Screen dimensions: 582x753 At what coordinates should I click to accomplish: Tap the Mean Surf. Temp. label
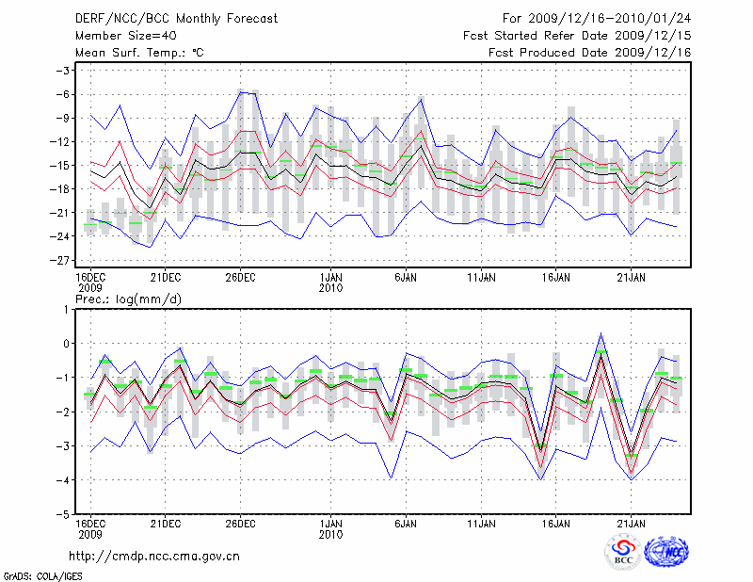139,53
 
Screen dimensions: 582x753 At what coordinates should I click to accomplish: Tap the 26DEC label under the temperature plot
241,277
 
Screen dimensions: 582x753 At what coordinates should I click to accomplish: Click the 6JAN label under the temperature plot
406,277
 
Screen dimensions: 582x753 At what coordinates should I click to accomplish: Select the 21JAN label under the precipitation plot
631,522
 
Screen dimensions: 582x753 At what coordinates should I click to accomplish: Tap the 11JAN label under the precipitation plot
481,522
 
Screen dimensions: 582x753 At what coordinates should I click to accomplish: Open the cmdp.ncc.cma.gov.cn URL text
155,556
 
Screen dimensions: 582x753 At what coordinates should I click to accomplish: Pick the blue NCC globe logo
666,554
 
